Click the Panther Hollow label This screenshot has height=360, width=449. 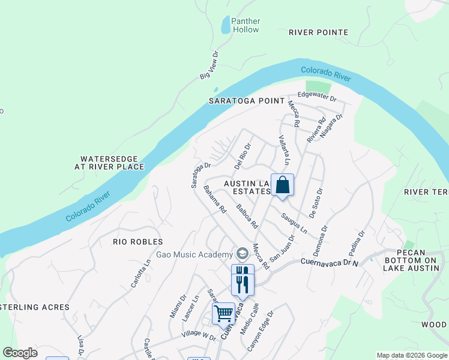pyautogui.click(x=246, y=25)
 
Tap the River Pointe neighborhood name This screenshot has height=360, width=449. pyautogui.click(x=318, y=32)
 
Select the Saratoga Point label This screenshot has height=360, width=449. pyautogui.click(x=246, y=101)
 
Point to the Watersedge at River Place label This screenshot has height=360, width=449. pyautogui.click(x=109, y=163)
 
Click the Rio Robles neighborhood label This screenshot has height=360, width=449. pyautogui.click(x=138, y=242)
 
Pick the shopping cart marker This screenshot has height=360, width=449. pyautogui.click(x=223, y=313)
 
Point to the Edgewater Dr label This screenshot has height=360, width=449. pyautogui.click(x=317, y=97)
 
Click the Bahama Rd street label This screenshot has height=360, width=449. pyautogui.click(x=214, y=200)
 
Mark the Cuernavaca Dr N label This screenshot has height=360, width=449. pyautogui.click(x=329, y=262)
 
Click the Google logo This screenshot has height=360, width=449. pyautogui.click(x=20, y=353)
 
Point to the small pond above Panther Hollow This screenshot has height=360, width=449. pyautogui.click(x=226, y=25)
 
